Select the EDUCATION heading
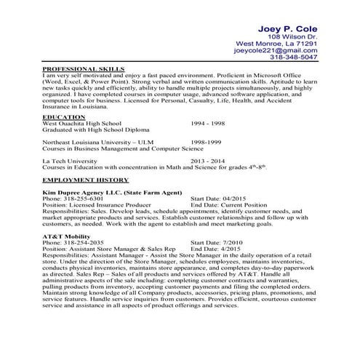[x=59, y=116]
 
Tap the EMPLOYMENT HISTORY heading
[x=86, y=178]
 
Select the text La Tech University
[x=69, y=160]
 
